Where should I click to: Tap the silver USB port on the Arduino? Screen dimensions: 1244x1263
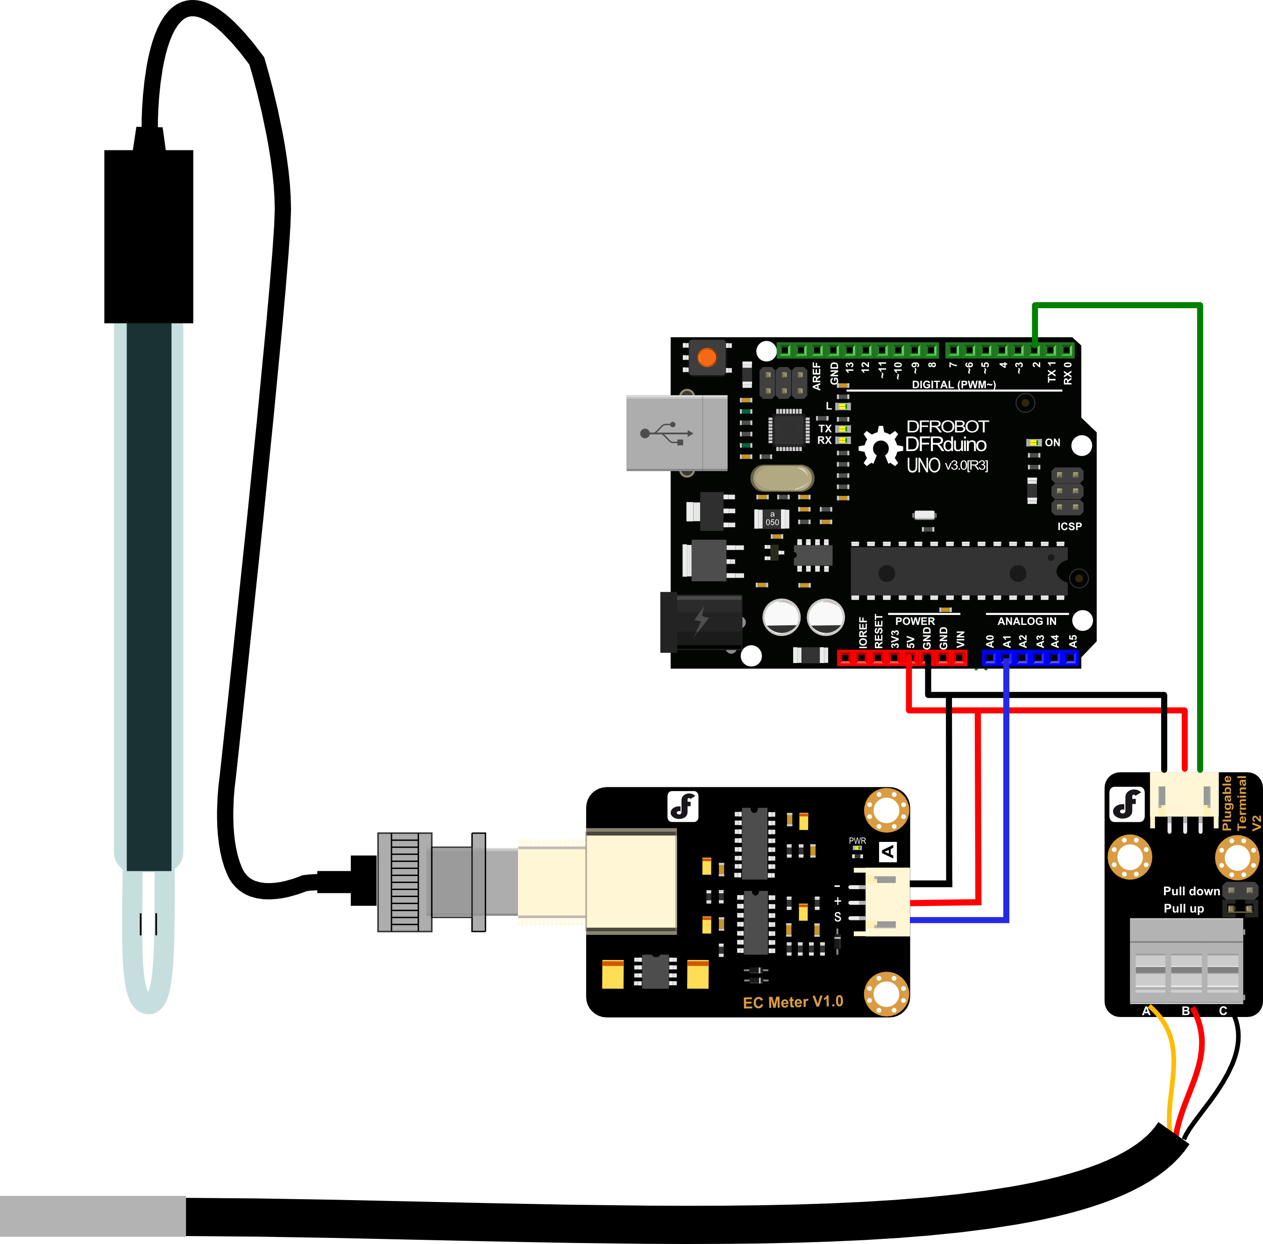click(x=676, y=432)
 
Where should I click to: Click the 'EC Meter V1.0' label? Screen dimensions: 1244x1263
click(x=793, y=1002)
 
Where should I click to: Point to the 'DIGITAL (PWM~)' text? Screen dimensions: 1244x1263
click(x=953, y=385)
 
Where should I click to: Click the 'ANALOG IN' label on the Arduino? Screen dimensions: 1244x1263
click(x=1027, y=622)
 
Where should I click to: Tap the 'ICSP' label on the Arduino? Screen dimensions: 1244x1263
click(x=1070, y=527)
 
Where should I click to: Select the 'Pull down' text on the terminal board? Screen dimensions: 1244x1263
click(x=1191, y=891)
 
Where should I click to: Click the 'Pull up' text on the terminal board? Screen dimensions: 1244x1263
click(x=1183, y=909)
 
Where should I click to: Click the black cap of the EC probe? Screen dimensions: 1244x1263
click(x=149, y=236)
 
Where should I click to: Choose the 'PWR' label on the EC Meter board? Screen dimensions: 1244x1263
click(x=857, y=841)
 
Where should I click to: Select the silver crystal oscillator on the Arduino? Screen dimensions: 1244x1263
click(x=782, y=478)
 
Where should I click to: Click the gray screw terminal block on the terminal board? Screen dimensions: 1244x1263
click(x=1186, y=961)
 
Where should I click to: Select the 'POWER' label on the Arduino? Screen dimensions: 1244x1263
click(x=915, y=622)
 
